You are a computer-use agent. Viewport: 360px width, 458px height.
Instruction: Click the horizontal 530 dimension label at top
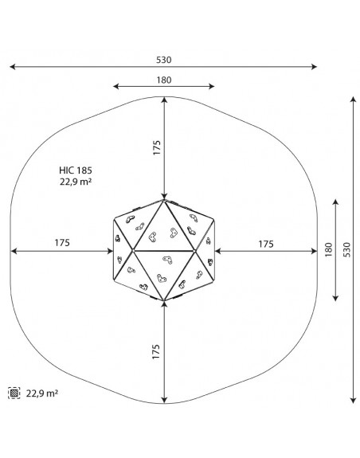[x=163, y=60]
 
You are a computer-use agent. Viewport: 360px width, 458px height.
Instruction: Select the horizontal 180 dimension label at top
[x=164, y=80]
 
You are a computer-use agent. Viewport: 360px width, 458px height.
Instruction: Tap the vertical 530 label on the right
[x=346, y=249]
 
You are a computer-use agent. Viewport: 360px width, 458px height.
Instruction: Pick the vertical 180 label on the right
[x=329, y=249]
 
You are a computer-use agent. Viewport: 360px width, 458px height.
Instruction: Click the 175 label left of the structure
[x=62, y=243]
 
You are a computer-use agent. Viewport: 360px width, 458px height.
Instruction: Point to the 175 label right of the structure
[x=266, y=244]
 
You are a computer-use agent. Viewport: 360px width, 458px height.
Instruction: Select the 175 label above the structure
[x=157, y=147]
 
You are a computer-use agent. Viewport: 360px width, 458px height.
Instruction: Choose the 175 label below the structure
[x=156, y=352]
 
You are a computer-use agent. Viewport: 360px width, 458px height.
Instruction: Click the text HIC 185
[x=76, y=170]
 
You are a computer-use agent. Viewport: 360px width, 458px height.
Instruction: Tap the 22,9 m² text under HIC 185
[x=76, y=182]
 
